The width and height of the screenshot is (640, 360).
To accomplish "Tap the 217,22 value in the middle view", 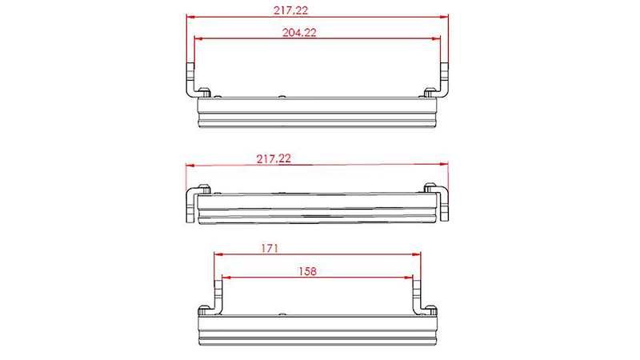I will [274, 159].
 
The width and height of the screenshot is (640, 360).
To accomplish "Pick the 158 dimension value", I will [306, 271].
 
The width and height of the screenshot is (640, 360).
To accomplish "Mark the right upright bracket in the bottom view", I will [417, 297].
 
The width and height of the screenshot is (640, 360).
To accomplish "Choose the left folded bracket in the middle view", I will [193, 205].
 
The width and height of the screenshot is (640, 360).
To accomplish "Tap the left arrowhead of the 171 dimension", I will [217, 254].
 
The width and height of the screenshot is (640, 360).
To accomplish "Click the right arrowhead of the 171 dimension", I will [417, 254].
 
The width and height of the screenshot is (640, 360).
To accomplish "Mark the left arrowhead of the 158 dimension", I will [225, 277].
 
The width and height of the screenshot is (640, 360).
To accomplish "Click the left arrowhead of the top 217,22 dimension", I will [190, 16].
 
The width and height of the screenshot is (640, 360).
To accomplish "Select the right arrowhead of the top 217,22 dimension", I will [445, 16].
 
